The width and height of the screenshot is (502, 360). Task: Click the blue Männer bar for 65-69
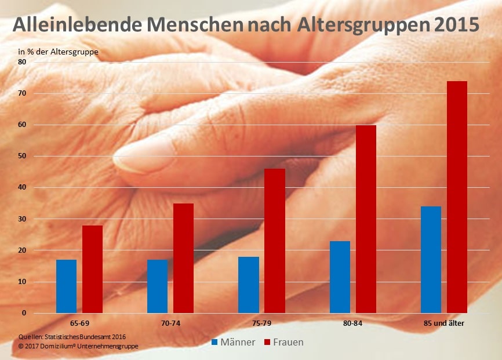tap(66, 286)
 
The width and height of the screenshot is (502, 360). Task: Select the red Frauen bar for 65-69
tap(92, 270)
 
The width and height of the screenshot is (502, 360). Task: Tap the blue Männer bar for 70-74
tap(157, 286)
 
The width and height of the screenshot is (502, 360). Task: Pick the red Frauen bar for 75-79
tap(275, 241)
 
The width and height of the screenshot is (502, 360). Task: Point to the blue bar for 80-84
tap(340, 277)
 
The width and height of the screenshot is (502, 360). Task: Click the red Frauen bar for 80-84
tap(366, 219)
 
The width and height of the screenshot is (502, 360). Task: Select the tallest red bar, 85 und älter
tap(457, 197)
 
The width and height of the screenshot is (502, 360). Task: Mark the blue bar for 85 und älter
tap(431, 260)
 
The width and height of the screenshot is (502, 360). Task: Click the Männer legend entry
tap(231, 342)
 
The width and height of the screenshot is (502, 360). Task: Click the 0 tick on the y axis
tap(24, 313)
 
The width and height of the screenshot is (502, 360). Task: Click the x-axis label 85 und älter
tap(444, 322)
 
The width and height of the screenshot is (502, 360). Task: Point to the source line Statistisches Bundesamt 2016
tap(72, 337)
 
